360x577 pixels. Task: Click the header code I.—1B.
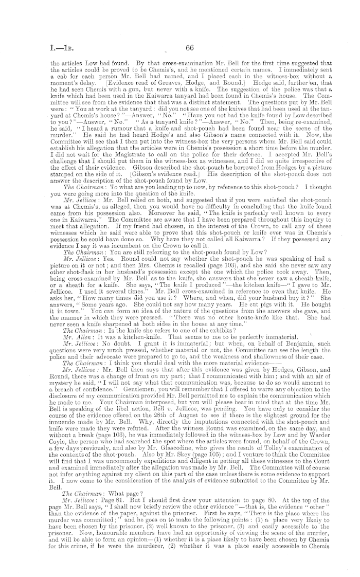click(x=44, y=49)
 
